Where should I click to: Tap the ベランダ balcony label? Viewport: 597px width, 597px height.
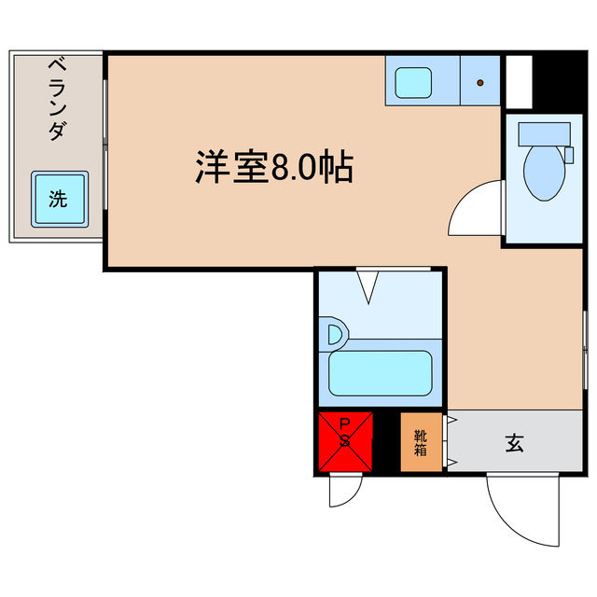tap(56, 97)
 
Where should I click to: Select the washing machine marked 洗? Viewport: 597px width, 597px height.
tap(59, 198)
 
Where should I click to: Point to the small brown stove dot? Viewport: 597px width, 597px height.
tap(481, 83)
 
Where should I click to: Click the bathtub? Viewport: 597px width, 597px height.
tap(380, 373)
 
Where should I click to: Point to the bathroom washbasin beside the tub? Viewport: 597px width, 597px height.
tap(332, 333)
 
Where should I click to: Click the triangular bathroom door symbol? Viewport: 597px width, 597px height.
tap(367, 285)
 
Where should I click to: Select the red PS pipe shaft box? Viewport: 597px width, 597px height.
tap(344, 440)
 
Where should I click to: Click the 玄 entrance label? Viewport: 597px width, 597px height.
tap(514, 443)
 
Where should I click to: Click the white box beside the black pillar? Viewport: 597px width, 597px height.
tap(519, 82)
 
